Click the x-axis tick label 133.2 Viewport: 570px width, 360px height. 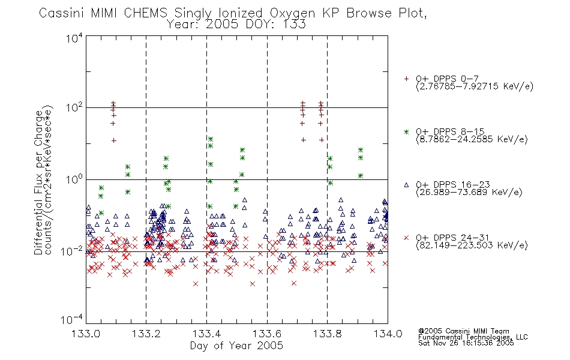coord(146,334)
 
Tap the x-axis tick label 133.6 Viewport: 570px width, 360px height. coord(267,334)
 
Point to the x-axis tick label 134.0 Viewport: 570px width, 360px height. coord(388,334)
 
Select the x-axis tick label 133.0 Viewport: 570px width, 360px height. coord(86,334)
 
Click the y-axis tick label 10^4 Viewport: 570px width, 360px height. coord(74,38)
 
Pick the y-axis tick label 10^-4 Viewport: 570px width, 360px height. coord(71,319)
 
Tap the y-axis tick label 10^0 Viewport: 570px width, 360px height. coord(74,179)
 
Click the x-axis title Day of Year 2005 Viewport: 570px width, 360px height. coord(236,346)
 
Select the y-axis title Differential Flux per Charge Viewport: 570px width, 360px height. coord(38,182)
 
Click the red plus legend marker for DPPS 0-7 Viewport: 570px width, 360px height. coord(406,79)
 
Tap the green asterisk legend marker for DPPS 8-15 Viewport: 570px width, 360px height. coord(406,132)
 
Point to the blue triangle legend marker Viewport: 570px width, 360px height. coord(406,185)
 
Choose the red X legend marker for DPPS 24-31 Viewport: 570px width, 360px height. coord(406,238)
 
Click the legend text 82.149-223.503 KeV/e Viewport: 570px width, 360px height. coord(472,245)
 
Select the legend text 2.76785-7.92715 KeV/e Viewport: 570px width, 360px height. coord(475,86)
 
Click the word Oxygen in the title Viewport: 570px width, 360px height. coord(293,13)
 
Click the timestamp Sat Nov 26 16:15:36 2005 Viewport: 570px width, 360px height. coord(466,343)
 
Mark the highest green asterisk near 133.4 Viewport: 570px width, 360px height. coord(210,139)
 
